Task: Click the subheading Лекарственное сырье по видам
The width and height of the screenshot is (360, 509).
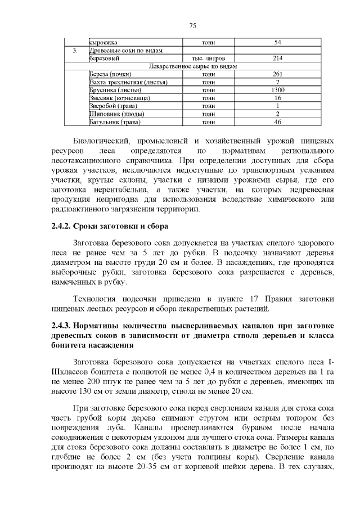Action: coord(192,66)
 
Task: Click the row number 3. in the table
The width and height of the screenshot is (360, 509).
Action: coord(75,51)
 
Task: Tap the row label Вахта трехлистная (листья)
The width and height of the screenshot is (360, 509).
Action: coord(128,82)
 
